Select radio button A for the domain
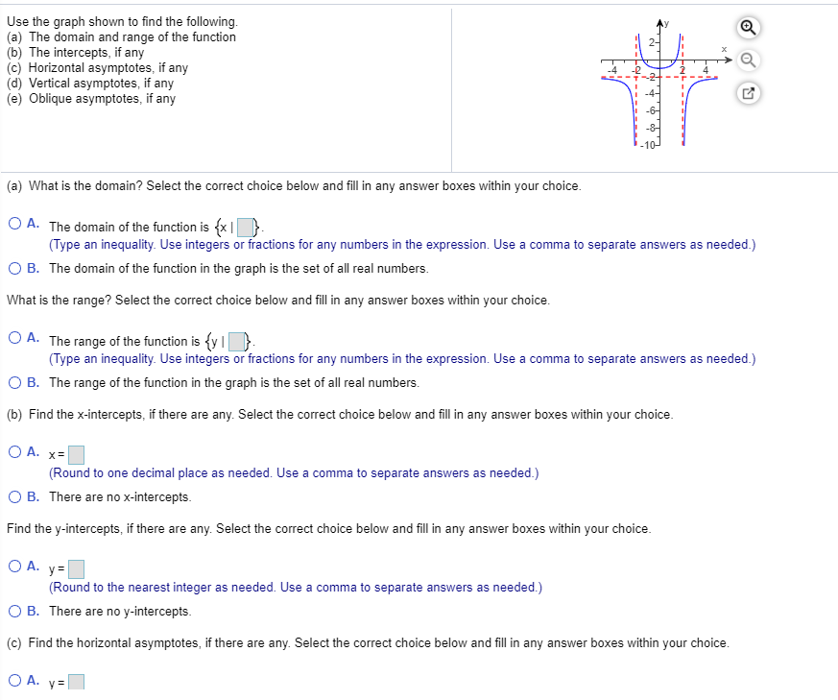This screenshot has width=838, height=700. (x=15, y=225)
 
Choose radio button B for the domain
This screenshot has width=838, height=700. (x=15, y=268)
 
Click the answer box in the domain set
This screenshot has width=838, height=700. (x=247, y=228)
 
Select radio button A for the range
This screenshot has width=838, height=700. (x=15, y=339)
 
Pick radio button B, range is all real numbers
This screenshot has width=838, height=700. (x=15, y=382)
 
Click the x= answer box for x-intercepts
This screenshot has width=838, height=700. (x=77, y=454)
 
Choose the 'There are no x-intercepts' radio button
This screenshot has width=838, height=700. (x=15, y=496)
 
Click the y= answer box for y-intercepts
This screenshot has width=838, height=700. (x=77, y=568)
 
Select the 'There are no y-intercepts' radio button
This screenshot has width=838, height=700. (x=15, y=611)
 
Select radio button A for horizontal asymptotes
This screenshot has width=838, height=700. (x=15, y=681)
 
